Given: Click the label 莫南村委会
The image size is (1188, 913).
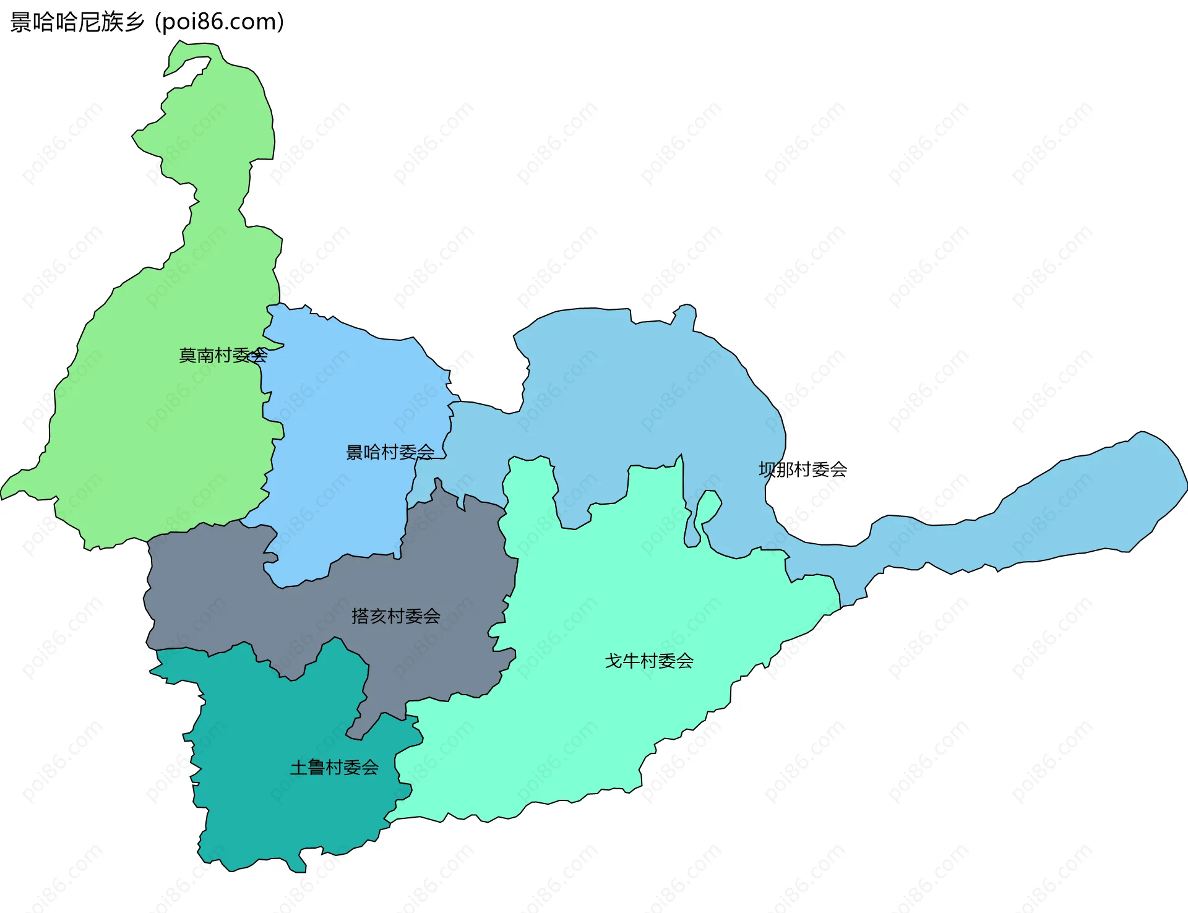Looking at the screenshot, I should click(223, 355).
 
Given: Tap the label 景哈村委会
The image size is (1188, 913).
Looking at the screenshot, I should click(390, 452).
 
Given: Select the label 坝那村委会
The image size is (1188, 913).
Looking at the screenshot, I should click(803, 469).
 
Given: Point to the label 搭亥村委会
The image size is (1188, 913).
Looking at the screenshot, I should click(395, 616).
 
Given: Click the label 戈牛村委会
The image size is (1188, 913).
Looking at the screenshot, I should click(648, 661).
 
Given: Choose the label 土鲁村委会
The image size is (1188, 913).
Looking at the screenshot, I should click(334, 768).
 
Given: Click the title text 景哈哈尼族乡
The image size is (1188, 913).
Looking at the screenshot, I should click(77, 22).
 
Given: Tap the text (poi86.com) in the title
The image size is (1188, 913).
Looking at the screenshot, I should click(220, 22).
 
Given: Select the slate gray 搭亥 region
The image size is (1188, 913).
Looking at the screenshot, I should click(247, 594).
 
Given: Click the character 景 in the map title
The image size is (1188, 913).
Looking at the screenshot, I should click(20, 22).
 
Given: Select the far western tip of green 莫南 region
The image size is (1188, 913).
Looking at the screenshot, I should click(5, 492).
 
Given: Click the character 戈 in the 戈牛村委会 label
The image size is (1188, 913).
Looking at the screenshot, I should click(613, 661).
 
